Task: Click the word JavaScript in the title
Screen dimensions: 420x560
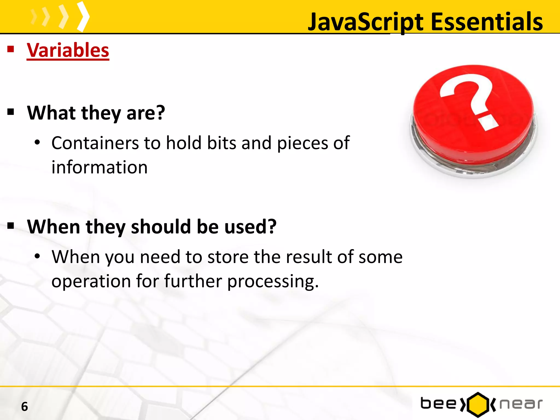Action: pyautogui.click(x=366, y=22)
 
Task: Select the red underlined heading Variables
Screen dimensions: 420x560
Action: pyautogui.click(x=68, y=50)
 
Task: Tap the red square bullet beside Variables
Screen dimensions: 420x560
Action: pyautogui.click(x=11, y=49)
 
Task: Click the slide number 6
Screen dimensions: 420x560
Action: pyautogui.click(x=25, y=407)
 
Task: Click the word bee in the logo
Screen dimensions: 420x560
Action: pyautogui.click(x=438, y=404)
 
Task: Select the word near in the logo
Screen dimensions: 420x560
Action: pyautogui.click(x=521, y=404)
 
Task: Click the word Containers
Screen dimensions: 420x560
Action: pyautogui.click(x=95, y=143)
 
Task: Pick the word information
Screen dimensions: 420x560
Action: pyautogui.click(x=100, y=167)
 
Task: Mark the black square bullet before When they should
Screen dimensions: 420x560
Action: pyautogui.click(x=11, y=226)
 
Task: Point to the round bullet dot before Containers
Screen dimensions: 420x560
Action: pyautogui.click(x=37, y=142)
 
